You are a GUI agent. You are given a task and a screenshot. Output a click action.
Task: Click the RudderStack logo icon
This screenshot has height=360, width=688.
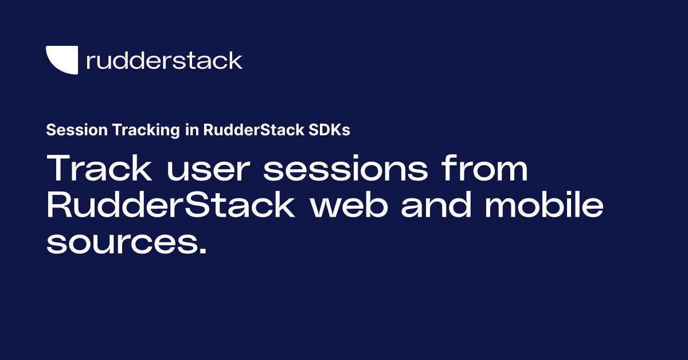pos(61,60)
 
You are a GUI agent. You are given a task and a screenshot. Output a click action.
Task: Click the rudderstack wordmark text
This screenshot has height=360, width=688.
pos(164,60)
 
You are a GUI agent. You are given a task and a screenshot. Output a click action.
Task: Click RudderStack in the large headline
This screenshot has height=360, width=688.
pos(170,206)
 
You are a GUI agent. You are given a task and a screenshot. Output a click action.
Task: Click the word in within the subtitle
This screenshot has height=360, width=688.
pos(191,130)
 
